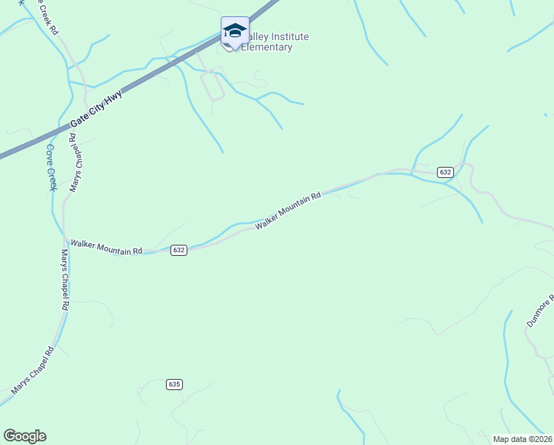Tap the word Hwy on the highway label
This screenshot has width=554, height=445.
click(113, 99)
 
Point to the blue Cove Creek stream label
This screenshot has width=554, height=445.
click(51, 167)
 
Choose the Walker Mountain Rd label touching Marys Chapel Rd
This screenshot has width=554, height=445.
click(106, 247)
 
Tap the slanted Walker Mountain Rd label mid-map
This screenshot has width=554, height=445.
click(288, 211)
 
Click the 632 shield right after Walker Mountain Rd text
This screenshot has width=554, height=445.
click(178, 250)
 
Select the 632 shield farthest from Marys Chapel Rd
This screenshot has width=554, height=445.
click(444, 171)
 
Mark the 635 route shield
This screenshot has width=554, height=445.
click(174, 384)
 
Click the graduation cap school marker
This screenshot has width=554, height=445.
click(235, 30)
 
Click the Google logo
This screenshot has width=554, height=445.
click(25, 436)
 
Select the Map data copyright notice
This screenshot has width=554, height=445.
click(522, 439)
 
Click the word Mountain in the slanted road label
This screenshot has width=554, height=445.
click(294, 208)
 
